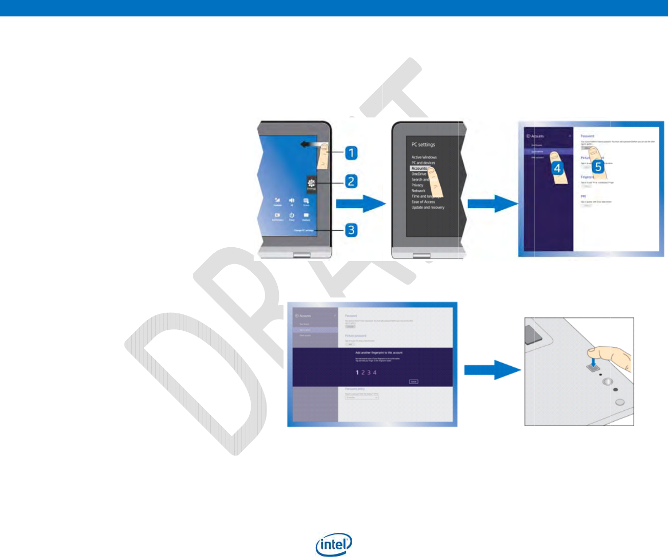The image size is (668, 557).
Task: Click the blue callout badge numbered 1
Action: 351,153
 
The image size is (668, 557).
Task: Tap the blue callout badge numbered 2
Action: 351,181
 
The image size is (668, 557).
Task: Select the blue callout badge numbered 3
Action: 351,230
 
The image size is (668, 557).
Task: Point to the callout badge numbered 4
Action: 557,167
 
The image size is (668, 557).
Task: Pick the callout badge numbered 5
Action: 598,166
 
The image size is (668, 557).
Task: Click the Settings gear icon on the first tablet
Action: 311,183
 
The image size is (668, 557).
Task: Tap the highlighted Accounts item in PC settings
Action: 419,168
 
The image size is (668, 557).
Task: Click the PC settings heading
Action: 423,145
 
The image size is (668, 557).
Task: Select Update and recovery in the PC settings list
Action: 428,208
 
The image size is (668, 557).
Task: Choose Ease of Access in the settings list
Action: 423,202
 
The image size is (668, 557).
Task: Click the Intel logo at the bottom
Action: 334,545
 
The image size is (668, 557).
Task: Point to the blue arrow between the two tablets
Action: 360,204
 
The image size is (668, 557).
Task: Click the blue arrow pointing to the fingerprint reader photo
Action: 492,369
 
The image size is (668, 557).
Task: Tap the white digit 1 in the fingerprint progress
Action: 357,372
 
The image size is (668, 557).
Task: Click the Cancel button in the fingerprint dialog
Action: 414,382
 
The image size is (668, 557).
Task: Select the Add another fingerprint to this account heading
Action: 379,353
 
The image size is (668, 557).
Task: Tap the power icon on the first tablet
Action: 292,215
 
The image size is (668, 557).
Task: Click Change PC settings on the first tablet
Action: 303,231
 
